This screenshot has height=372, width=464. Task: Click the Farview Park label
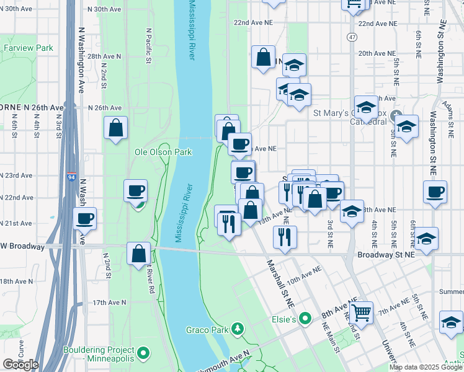point(28,48)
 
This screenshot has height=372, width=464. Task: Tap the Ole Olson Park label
point(163,152)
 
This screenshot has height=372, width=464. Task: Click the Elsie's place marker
point(304,319)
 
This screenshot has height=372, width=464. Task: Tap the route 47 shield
point(352,37)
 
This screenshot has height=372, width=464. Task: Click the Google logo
point(20,365)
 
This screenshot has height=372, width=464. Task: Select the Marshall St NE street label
point(280,284)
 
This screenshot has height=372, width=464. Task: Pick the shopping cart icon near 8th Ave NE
point(360,311)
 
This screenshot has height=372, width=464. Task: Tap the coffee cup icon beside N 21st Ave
point(85,218)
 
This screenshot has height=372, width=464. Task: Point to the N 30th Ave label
point(104,10)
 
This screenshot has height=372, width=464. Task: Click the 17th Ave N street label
point(109,303)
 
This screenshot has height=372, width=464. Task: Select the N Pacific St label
point(149,45)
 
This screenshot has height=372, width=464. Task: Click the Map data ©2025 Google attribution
point(426,367)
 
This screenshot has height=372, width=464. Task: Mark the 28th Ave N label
point(104,56)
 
